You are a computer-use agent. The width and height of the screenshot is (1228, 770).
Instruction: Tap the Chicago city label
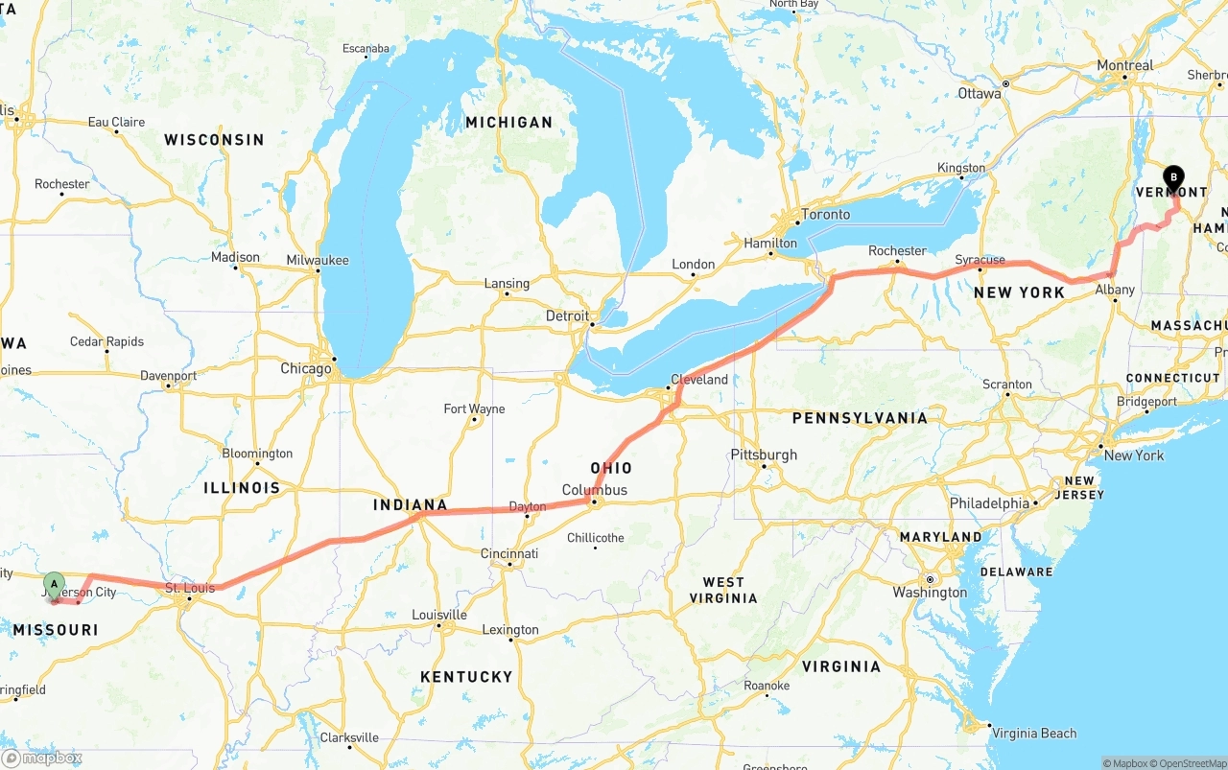pyautogui.click(x=306, y=368)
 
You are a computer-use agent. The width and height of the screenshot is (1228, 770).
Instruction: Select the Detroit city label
pyautogui.click(x=567, y=315)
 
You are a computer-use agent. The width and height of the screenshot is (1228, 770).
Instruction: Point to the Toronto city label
pyautogui.click(x=825, y=214)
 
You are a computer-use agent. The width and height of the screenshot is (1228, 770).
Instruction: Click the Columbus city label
pyautogui.click(x=595, y=490)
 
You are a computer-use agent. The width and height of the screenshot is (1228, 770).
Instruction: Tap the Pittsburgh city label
pyautogui.click(x=764, y=455)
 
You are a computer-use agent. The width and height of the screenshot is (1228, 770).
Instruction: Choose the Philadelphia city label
pyautogui.click(x=989, y=503)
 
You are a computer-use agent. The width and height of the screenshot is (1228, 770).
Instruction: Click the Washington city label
pyautogui.click(x=930, y=593)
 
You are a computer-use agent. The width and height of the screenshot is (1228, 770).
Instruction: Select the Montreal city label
pyautogui.click(x=1124, y=65)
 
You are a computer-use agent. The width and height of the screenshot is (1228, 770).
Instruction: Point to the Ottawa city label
pyautogui.click(x=980, y=93)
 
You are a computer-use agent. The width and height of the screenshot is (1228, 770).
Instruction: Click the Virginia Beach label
pyautogui.click(x=1034, y=734)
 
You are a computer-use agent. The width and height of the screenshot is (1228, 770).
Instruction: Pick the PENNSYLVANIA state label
pyautogui.click(x=859, y=418)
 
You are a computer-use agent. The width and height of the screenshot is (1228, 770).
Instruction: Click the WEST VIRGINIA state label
pyautogui.click(x=723, y=590)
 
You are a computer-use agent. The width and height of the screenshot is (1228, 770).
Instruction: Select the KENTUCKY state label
pyautogui.click(x=466, y=677)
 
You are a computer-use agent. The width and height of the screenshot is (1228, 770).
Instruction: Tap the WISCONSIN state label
pyautogui.click(x=214, y=140)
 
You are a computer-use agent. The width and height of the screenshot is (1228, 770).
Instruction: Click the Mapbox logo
pyautogui.click(x=42, y=758)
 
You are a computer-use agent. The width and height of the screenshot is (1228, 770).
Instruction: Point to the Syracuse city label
pyautogui.click(x=980, y=260)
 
